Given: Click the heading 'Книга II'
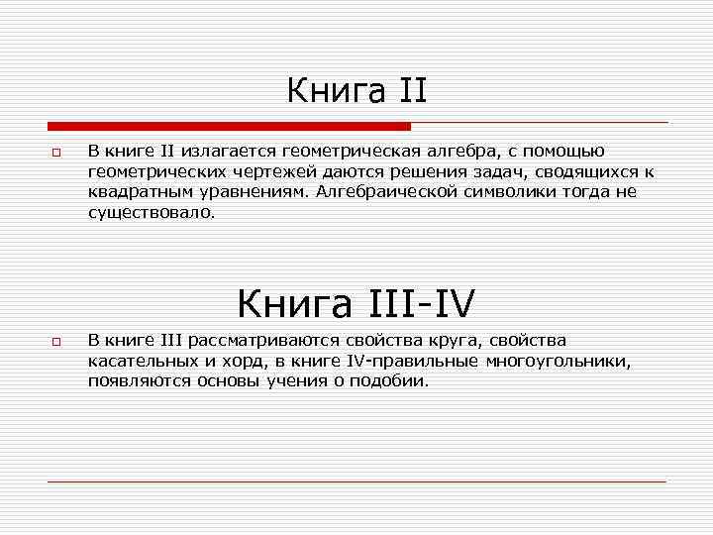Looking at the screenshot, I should click(x=356, y=92).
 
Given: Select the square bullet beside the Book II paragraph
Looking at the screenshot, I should click(x=56, y=154).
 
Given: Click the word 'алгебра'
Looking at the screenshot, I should click(x=460, y=152).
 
